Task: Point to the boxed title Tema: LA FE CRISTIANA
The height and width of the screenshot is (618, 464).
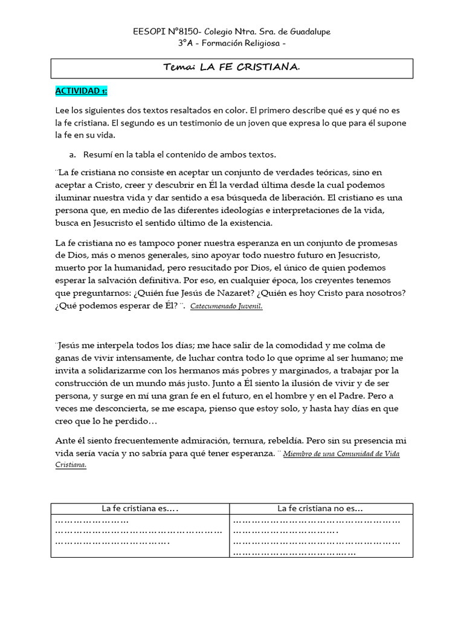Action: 231,68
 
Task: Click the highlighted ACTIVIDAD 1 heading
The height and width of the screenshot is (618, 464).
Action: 81,91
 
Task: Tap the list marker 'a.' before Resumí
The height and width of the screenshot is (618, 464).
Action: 72,154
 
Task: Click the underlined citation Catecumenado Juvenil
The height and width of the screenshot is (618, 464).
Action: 227,306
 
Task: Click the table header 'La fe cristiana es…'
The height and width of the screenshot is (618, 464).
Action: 140,508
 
